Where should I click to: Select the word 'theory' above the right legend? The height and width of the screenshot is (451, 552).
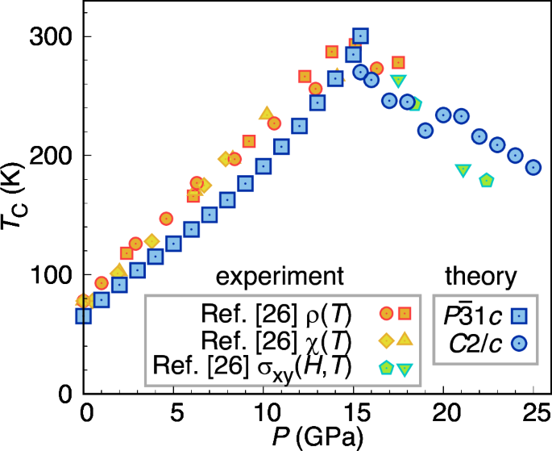point(480,276)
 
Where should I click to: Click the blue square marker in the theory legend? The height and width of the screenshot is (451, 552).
point(520,315)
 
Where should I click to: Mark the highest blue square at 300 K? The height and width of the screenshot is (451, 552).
point(360,35)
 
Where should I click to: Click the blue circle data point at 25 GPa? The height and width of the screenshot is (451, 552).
point(533,168)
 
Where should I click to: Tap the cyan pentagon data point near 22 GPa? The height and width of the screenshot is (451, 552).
point(486,181)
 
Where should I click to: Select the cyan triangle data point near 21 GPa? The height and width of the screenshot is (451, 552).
point(463,170)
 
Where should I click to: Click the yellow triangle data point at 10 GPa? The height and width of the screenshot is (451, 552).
point(266,114)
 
